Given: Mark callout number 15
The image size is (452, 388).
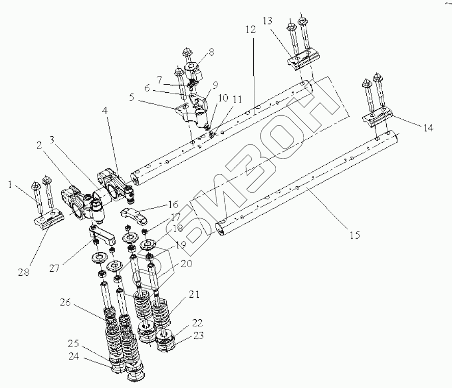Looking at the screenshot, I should pyautogui.click(x=355, y=235).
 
